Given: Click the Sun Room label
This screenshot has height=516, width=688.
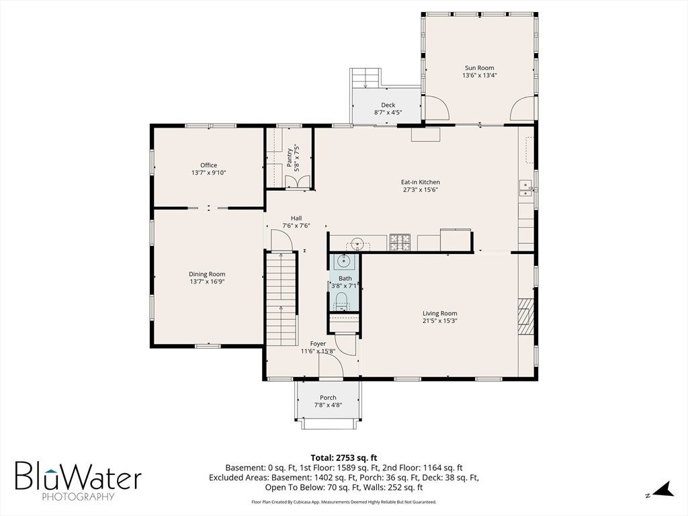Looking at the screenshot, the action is pyautogui.click(x=479, y=68).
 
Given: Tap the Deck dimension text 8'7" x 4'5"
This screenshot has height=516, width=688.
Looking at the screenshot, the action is pyautogui.click(x=388, y=112).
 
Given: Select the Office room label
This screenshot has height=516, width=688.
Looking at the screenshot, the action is pyautogui.click(x=208, y=165).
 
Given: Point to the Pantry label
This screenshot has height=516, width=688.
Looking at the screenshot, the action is pyautogui.click(x=290, y=157).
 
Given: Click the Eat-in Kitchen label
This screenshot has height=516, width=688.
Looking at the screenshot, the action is pyautogui.click(x=421, y=181).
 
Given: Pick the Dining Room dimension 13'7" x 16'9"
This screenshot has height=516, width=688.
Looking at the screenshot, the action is pyautogui.click(x=207, y=282).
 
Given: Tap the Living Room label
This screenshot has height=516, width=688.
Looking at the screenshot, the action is pyautogui.click(x=439, y=313).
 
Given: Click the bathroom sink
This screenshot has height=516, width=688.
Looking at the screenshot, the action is pyautogui.click(x=343, y=262).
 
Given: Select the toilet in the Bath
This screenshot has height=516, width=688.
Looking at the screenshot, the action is pyautogui.click(x=341, y=303).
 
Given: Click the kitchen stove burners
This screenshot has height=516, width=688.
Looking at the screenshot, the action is pyautogui.click(x=400, y=243).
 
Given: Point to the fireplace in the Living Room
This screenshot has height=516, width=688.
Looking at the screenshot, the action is pyautogui.click(x=525, y=317).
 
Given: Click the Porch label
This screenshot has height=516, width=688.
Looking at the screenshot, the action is pyautogui.click(x=328, y=398).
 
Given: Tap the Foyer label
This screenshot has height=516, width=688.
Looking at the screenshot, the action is pyautogui.click(x=318, y=343).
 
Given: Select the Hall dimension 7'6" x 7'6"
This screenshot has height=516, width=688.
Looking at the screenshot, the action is pyautogui.click(x=296, y=226).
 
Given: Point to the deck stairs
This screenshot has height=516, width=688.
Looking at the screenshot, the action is pyautogui.click(x=365, y=79).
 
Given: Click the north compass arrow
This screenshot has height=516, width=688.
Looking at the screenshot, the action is pyautogui.click(x=664, y=490).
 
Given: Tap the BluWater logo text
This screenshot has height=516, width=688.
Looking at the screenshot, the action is pyautogui.click(x=79, y=476).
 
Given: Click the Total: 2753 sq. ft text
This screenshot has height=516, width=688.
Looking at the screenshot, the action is pyautogui.click(x=343, y=458).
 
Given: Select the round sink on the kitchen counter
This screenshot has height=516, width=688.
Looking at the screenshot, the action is pyautogui.click(x=357, y=243).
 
